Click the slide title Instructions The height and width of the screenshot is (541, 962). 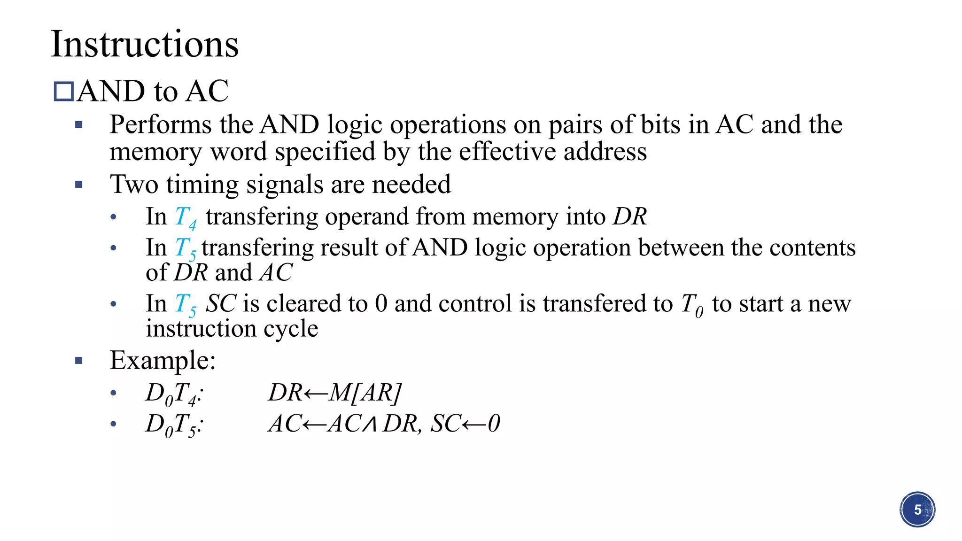145,44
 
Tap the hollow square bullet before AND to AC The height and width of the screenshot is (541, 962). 63,92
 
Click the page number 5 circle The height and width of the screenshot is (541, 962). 917,510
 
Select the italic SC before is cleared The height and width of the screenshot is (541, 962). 221,303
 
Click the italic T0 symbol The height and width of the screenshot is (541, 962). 692,305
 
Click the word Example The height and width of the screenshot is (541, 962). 163,361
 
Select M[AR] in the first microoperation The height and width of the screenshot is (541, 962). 365,393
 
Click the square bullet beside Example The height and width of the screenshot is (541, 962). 79,361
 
